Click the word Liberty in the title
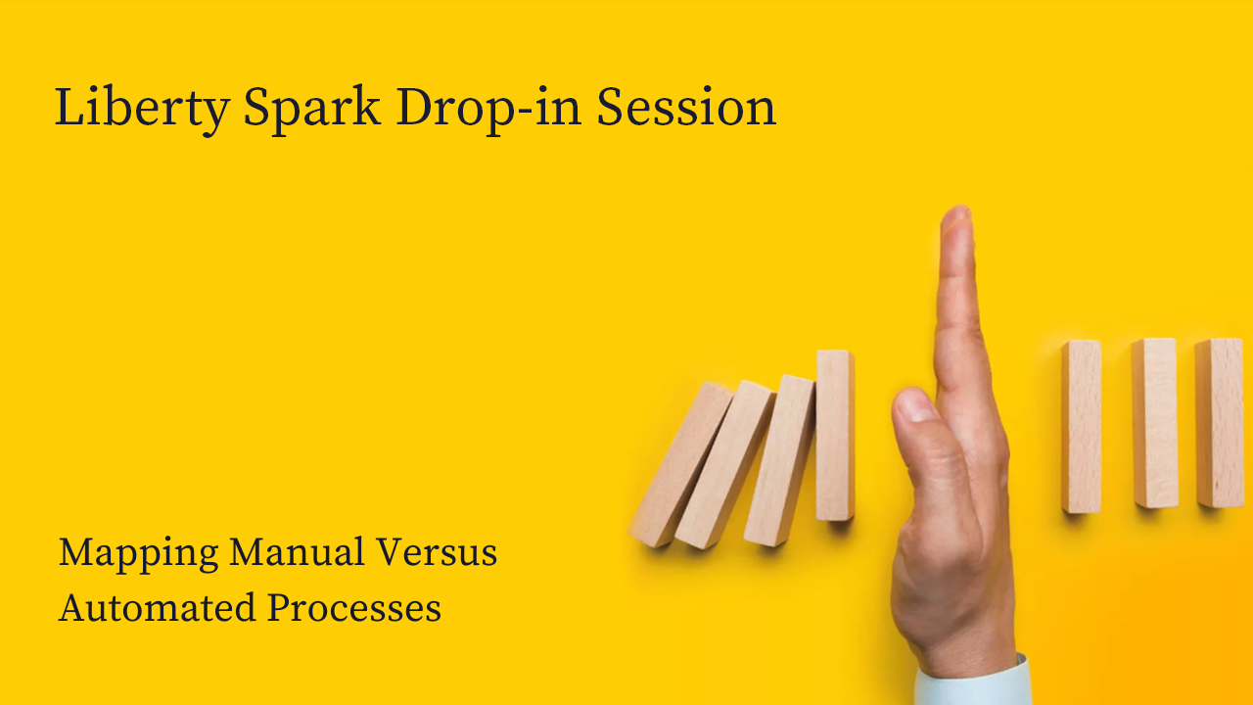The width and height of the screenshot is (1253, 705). pyautogui.click(x=142, y=109)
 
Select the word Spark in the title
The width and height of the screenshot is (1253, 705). pyautogui.click(x=312, y=109)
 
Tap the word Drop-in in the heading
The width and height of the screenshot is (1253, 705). pyautogui.click(x=488, y=109)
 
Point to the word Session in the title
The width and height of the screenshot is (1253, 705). pyautogui.click(x=686, y=107)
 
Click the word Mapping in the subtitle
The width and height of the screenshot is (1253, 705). pyautogui.click(x=138, y=554)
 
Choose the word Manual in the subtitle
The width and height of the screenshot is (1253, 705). pyautogui.click(x=297, y=551)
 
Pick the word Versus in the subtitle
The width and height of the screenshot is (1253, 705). pyautogui.click(x=437, y=551)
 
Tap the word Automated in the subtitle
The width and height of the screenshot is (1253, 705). pyautogui.click(x=158, y=608)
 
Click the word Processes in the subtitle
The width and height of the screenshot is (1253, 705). pyautogui.click(x=354, y=608)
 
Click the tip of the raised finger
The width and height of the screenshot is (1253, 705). pyautogui.click(x=957, y=209)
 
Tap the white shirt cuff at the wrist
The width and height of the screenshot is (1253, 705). pyautogui.click(x=973, y=682)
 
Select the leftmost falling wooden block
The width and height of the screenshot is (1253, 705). pyautogui.click(x=680, y=464)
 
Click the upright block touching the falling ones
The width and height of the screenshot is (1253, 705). pyautogui.click(x=835, y=436)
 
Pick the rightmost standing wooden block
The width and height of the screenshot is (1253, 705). pyautogui.click(x=1220, y=423)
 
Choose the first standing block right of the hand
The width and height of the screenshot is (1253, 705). pyautogui.click(x=1082, y=426)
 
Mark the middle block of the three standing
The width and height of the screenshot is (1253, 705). pyautogui.click(x=1154, y=423)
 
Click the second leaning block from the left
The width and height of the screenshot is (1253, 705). pyautogui.click(x=725, y=464)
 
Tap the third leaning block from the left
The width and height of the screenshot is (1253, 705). pyautogui.click(x=779, y=460)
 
